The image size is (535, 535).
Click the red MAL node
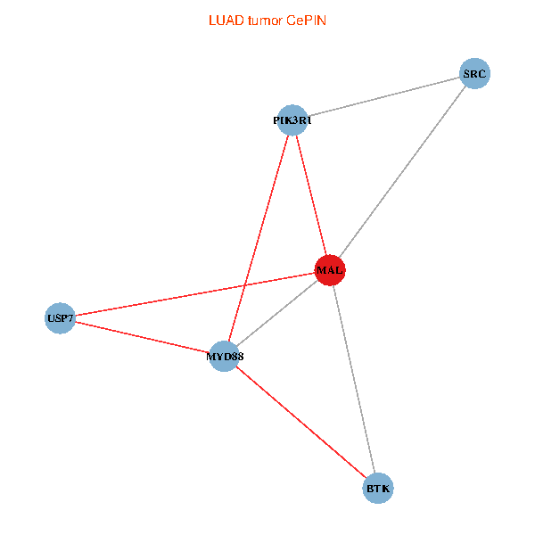330,270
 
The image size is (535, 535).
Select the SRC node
474,74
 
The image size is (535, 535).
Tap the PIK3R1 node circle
292,119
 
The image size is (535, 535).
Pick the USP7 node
61,317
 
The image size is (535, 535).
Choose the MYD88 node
224,357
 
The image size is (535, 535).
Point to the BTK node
379,488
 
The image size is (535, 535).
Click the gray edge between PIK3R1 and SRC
383,96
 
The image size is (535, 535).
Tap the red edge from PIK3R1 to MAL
311,194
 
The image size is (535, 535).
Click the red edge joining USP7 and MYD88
143,337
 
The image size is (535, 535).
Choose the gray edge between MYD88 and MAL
276,313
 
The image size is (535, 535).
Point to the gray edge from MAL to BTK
355,379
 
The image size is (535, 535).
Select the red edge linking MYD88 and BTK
301,423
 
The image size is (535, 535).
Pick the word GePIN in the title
307,20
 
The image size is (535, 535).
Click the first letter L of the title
211,20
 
